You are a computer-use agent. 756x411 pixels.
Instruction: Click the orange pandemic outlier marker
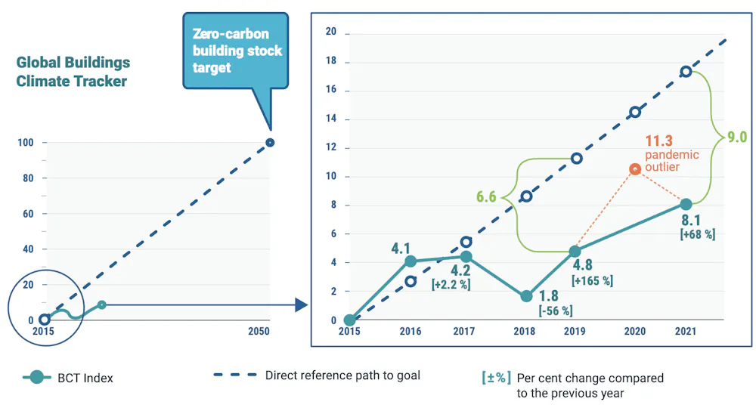635,169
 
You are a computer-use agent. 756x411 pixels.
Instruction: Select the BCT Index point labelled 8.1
686,204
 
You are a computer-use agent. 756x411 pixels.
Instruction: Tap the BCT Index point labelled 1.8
526,296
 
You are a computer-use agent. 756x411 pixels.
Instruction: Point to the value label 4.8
582,265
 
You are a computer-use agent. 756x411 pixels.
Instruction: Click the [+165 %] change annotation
592,280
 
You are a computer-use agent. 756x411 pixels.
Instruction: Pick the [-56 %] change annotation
556,311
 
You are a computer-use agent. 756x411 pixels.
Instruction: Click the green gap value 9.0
736,137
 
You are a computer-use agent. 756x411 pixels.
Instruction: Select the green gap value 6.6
486,196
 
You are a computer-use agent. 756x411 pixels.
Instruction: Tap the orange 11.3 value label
658,141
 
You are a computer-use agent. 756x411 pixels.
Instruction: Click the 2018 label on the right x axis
524,331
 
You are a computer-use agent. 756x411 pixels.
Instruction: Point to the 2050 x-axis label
259,331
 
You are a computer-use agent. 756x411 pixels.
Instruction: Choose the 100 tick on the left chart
26,143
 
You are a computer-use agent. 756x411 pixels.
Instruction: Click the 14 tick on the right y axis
331,119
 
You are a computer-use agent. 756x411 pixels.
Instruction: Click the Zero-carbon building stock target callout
236,51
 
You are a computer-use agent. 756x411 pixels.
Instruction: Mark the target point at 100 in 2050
270,143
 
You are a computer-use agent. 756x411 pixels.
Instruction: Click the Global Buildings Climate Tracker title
73,72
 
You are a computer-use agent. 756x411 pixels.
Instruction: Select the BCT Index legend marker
36,377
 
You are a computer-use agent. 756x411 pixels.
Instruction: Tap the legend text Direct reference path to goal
342,375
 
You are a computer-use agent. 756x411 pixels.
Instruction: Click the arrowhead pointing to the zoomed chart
301,304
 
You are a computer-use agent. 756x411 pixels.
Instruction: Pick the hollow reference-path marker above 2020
635,113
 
